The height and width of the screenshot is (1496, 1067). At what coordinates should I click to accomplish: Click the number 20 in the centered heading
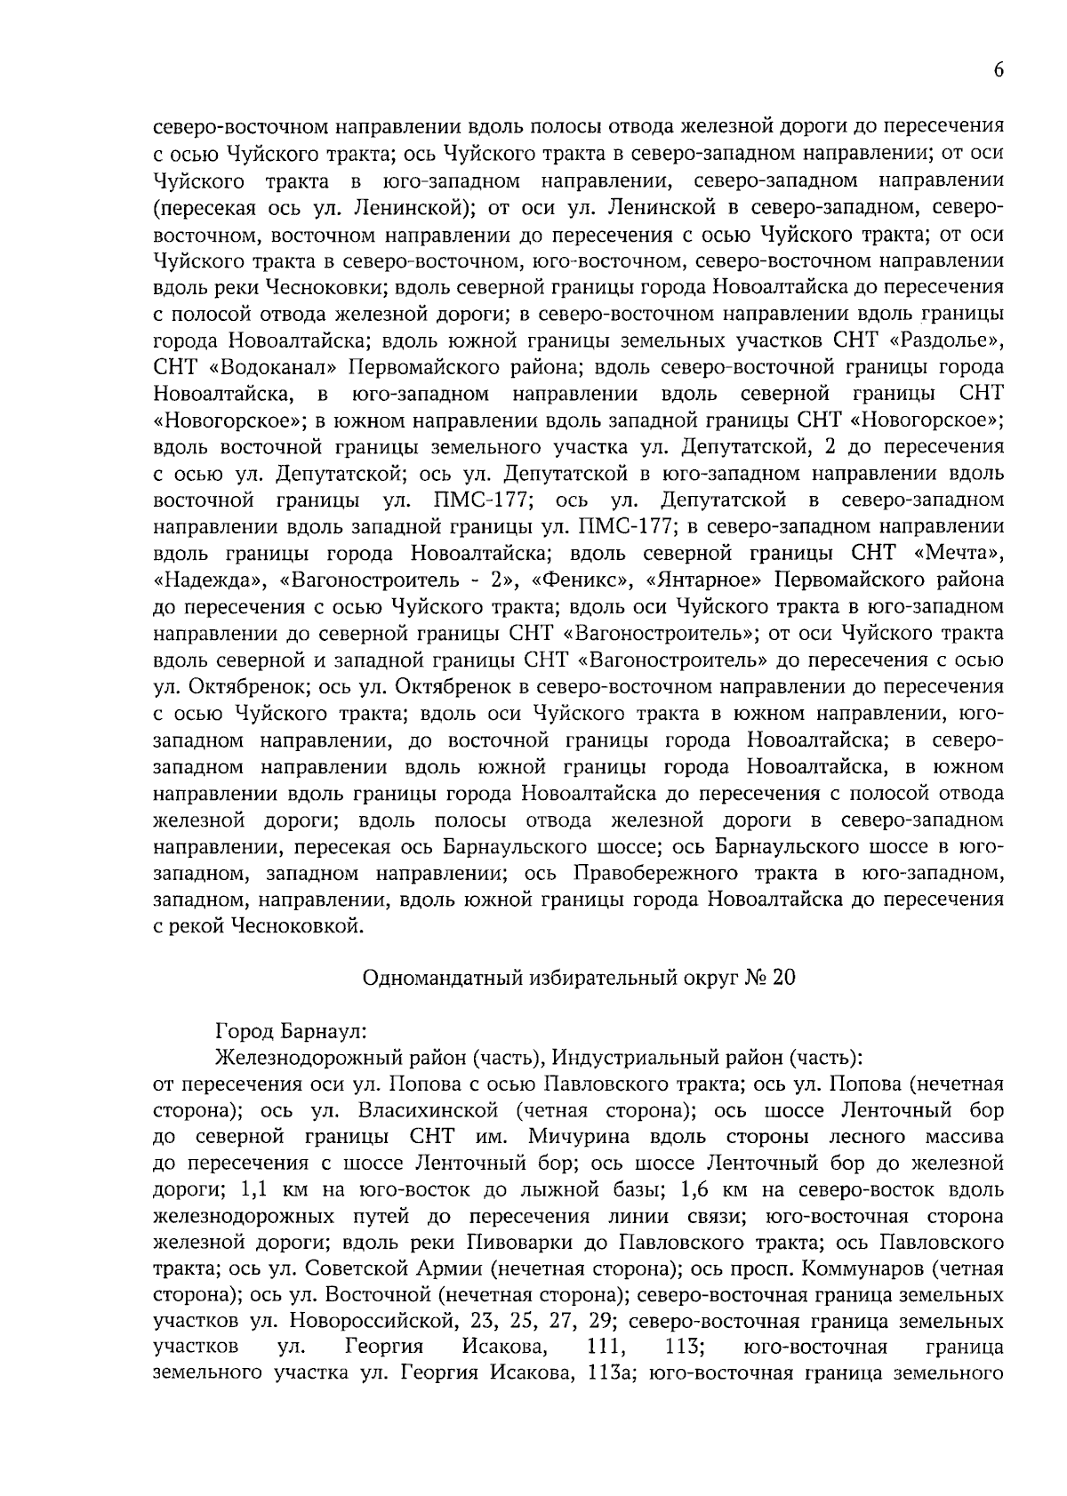(782, 978)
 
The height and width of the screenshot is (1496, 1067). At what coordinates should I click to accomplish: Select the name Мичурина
(578, 1137)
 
